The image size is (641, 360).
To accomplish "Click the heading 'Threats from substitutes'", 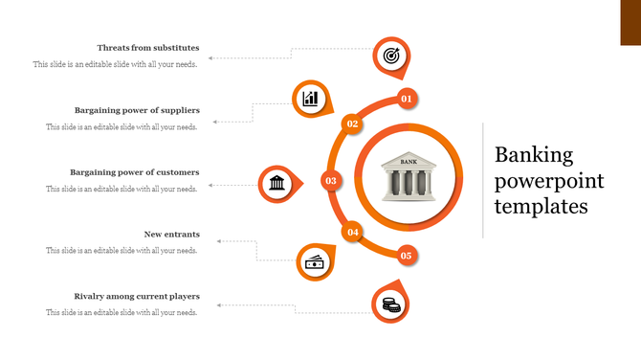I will (148, 48).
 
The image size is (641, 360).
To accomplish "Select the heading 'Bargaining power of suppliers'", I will (137, 110).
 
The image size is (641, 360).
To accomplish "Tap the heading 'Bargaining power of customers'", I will (134, 172).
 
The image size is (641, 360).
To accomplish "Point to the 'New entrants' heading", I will (172, 235).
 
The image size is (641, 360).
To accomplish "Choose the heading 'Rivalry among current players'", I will (137, 297).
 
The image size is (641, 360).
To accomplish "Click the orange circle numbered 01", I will (406, 99).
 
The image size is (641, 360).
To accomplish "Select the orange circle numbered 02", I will (352, 124).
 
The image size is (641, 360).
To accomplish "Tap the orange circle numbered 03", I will (331, 180).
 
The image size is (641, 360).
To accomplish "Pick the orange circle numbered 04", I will (353, 232).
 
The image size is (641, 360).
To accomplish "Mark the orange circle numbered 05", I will (406, 256).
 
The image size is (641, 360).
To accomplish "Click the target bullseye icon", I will (390, 56).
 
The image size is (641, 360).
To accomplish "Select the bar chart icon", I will (310, 99).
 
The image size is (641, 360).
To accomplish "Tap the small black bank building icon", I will (276, 182).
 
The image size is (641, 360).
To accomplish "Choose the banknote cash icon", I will (314, 261).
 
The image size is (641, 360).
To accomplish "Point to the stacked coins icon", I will (390, 304).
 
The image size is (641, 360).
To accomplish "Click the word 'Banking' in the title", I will (534, 156).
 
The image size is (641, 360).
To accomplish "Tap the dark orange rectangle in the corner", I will (630, 22).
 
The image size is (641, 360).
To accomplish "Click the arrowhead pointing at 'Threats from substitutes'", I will (211, 58).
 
